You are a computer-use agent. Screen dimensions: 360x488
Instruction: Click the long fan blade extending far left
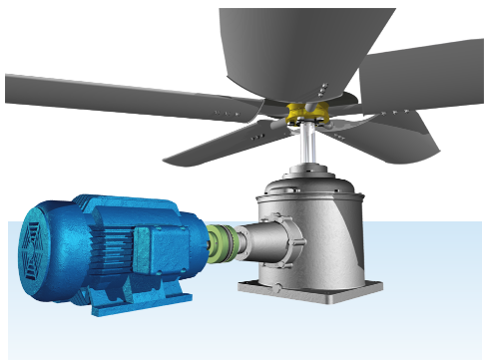pyautogui.click(x=100, y=95)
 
